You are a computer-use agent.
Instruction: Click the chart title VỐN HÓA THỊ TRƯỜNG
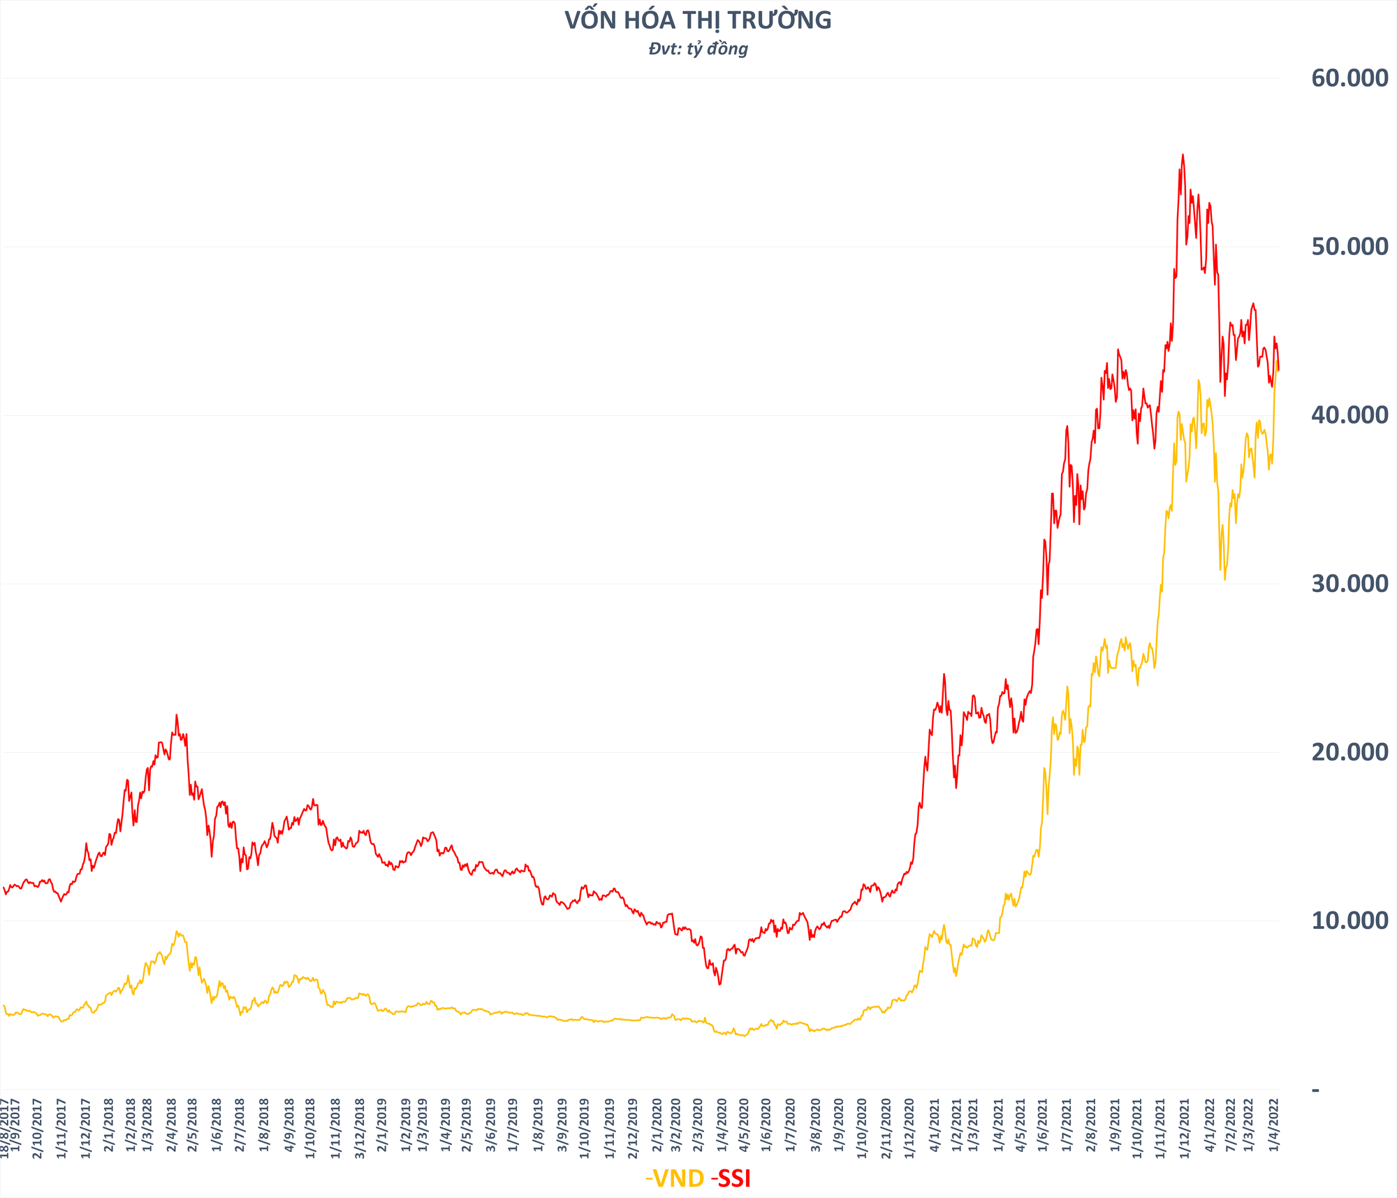click(698, 21)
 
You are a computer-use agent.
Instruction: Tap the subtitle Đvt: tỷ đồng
click(698, 49)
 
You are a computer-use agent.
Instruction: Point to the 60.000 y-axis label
click(1350, 78)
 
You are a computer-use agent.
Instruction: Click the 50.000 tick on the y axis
click(1350, 247)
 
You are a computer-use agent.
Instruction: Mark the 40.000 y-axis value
click(1350, 415)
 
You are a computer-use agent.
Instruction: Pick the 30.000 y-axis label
click(1350, 584)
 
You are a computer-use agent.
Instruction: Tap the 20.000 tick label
click(1350, 752)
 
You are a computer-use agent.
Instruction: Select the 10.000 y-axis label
click(1350, 921)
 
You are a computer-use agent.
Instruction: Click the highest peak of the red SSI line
click(1182, 154)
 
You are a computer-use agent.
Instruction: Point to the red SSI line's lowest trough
click(719, 984)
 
